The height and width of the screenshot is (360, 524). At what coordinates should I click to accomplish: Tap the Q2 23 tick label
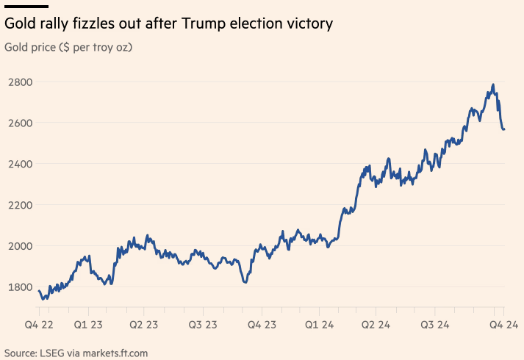pos(144,325)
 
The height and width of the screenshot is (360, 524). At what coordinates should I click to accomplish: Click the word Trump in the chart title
pos(209,24)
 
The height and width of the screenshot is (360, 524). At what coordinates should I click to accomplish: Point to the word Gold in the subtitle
pos(16,48)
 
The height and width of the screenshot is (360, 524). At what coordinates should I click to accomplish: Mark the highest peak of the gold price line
pos(492,84)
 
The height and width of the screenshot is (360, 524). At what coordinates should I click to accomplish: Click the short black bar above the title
pos(26,6)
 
